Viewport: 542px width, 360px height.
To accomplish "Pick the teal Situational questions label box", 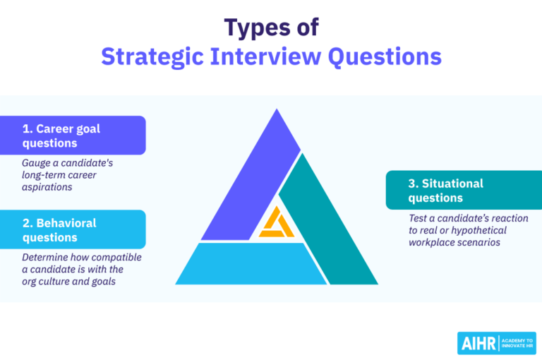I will pos(463,190).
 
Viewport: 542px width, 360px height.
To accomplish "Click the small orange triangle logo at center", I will pos(275,224).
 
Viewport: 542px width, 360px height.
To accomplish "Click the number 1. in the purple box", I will pos(28,128).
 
